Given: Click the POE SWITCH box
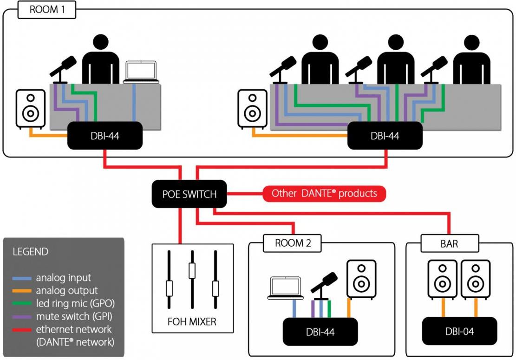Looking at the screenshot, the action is click(x=189, y=194).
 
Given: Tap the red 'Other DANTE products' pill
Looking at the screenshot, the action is click(x=324, y=194).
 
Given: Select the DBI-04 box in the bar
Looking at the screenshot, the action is click(x=459, y=331).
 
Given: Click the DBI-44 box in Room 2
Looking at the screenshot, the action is click(x=320, y=332).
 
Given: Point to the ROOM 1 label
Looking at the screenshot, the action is click(x=47, y=10).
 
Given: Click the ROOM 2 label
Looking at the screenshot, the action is click(x=293, y=243).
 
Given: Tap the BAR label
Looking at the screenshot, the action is click(x=450, y=243).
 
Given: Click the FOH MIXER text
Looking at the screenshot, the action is click(x=192, y=321).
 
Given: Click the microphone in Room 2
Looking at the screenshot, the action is click(x=324, y=286).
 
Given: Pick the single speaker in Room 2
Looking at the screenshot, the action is click(x=361, y=279).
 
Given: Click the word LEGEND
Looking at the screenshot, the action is click(x=30, y=252).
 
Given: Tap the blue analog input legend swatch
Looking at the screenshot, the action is click(x=22, y=278).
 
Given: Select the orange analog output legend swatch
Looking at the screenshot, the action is click(x=22, y=291).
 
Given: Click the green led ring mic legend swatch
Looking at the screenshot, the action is click(x=22, y=304).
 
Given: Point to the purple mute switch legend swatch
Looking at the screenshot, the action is click(x=22, y=317).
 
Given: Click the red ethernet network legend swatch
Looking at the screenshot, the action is click(x=22, y=330).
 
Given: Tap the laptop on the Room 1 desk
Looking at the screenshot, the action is click(x=141, y=72).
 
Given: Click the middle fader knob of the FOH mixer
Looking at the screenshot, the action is click(x=192, y=270).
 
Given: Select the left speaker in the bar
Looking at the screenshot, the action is click(x=442, y=279).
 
